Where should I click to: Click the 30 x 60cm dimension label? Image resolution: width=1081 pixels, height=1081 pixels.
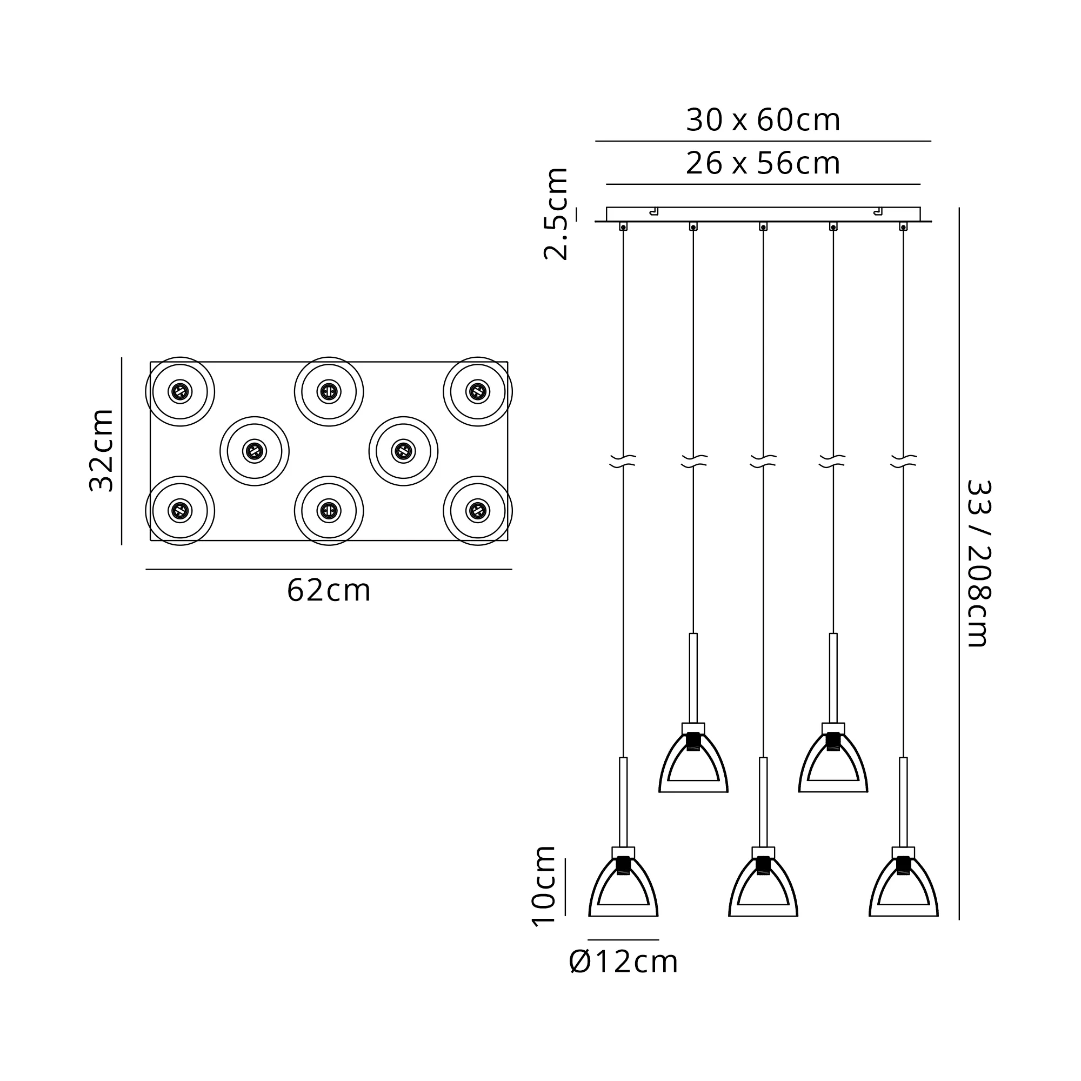pos(763,121)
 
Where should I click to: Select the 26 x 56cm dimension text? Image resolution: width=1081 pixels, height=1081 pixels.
pos(763,164)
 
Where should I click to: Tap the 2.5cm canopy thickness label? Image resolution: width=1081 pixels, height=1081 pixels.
pos(556,213)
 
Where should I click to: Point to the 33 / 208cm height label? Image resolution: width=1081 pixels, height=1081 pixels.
pos(979,564)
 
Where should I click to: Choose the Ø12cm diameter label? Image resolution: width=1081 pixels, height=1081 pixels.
pos(623,963)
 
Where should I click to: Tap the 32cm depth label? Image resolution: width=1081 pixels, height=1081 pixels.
pos(102,450)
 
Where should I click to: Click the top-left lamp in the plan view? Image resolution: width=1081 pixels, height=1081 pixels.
pos(180,392)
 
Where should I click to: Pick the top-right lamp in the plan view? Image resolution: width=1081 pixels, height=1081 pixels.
pos(478,392)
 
